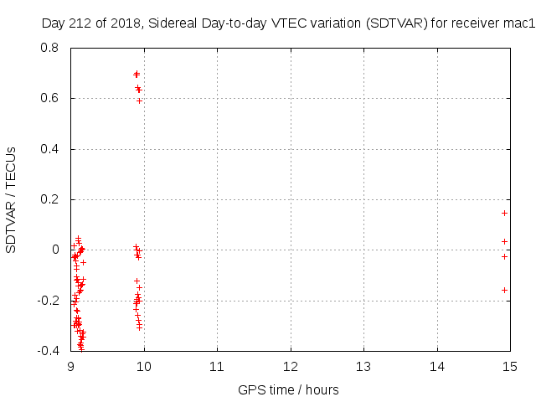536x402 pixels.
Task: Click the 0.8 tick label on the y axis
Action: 50,48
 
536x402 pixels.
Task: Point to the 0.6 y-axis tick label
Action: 50,98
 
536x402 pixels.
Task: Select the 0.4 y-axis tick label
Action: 50,149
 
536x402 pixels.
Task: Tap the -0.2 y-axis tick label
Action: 49,300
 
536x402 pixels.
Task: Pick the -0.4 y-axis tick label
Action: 49,350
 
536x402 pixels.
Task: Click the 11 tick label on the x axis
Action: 217,367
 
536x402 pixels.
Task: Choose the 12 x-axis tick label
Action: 290,367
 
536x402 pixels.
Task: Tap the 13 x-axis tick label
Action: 363,367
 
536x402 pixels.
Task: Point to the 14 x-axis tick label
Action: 436,367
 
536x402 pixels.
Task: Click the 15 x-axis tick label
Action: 509,367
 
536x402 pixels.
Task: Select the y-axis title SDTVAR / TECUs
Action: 11,199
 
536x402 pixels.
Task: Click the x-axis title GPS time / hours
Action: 288,389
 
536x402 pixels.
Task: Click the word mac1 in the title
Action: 518,23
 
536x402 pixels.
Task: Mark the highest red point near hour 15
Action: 505,213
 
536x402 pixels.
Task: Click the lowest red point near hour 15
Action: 505,290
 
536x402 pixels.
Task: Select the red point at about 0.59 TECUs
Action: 139,100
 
